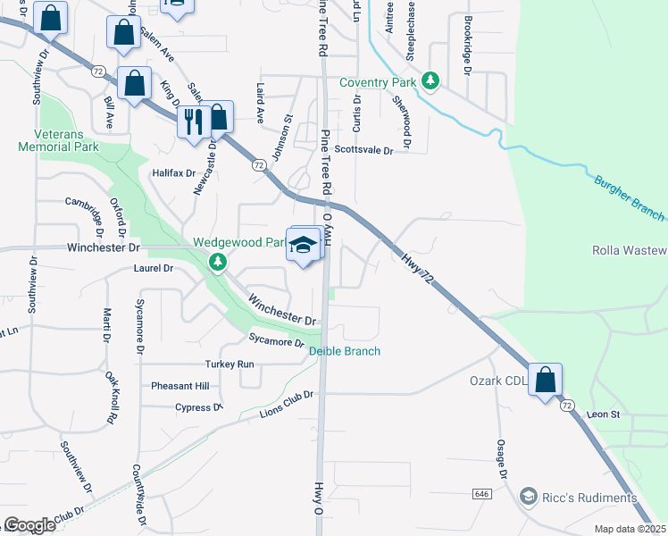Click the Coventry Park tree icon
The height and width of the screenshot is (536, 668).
[x=431, y=82]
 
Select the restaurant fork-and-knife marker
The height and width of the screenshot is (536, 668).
[x=194, y=120]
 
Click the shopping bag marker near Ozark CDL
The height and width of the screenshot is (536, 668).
[x=545, y=380]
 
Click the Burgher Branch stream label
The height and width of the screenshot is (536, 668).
[x=629, y=197]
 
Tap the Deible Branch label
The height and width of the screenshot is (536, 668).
[x=345, y=351]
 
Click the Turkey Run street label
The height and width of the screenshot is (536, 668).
[x=230, y=364]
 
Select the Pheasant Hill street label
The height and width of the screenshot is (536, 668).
[x=180, y=386]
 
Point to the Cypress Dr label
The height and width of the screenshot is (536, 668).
[x=198, y=407]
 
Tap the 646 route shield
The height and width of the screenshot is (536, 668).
[x=482, y=493]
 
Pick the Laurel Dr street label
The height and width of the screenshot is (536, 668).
[x=153, y=268]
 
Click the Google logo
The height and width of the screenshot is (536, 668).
[x=29, y=525]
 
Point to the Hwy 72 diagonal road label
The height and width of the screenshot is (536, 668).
[x=417, y=267]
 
